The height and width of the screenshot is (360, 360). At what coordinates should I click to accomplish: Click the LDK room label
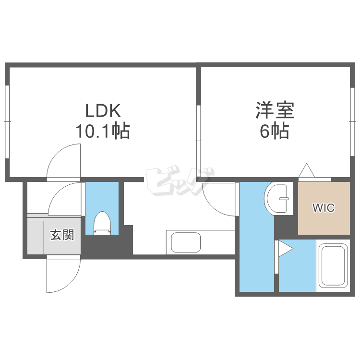(102, 111)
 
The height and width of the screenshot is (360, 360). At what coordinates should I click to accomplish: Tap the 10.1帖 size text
(102, 131)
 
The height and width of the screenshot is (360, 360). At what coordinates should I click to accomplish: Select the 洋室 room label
(275, 111)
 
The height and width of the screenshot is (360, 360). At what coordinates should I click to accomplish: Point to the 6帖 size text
(275, 131)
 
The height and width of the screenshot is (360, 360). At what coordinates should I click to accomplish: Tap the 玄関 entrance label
(62, 235)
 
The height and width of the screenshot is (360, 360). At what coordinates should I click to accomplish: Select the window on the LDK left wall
(7, 121)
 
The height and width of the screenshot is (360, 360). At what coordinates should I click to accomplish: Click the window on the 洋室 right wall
(353, 121)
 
